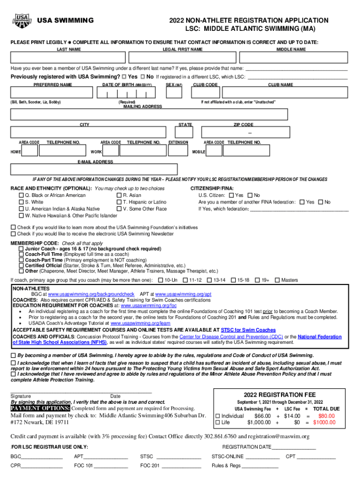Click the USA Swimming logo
(x=22, y=21)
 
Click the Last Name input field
(x=69, y=58)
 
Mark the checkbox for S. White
(x=21, y=202)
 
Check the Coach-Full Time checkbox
(x=21, y=254)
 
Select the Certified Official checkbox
(x=21, y=265)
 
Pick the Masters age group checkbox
(x=277, y=280)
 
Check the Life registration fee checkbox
(x=217, y=422)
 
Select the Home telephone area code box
(x=30, y=152)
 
